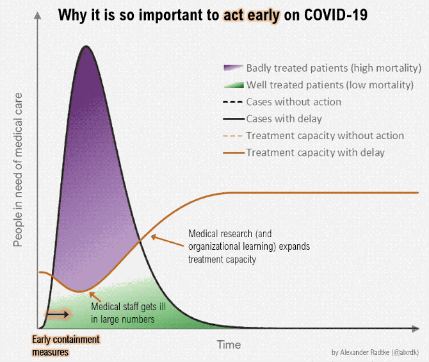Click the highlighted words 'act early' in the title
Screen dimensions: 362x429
(x=252, y=15)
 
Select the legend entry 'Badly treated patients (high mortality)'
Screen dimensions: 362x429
(x=333, y=68)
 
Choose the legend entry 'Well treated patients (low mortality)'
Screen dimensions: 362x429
(x=329, y=85)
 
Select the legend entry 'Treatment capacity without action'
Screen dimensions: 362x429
(x=325, y=135)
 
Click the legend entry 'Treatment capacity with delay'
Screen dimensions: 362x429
(x=315, y=152)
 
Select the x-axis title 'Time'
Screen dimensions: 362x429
(x=229, y=345)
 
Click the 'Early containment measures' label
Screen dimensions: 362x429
(x=65, y=345)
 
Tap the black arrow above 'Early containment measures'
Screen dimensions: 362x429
(x=58, y=315)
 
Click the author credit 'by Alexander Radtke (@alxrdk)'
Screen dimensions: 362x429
(x=376, y=352)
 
